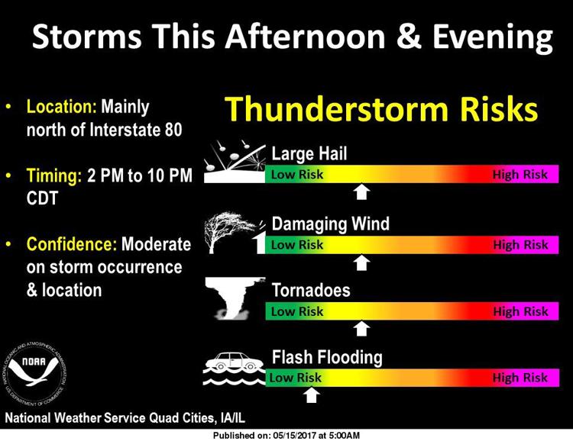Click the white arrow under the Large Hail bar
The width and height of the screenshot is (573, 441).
pyautogui.click(x=361, y=192)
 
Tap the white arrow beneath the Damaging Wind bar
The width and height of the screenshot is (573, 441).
pyautogui.click(x=361, y=262)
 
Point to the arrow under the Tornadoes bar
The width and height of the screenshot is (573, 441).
pyautogui.click(x=361, y=329)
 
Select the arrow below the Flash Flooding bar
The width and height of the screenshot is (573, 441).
pyautogui.click(x=312, y=395)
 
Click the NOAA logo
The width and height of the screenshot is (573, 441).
pyautogui.click(x=35, y=374)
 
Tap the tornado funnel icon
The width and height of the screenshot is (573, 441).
pyautogui.click(x=235, y=298)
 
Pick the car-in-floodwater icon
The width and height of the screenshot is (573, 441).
pyautogui.click(x=235, y=369)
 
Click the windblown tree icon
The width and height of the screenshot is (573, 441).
pyautogui.click(x=235, y=233)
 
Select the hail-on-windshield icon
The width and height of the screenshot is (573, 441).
pyautogui.click(x=235, y=162)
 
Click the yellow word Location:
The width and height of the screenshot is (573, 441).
pyautogui.click(x=61, y=107)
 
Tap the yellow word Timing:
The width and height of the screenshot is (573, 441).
pyautogui.click(x=54, y=176)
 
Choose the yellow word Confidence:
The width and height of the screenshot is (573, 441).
pyautogui.click(x=72, y=244)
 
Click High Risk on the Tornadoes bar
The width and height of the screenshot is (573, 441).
pyautogui.click(x=520, y=311)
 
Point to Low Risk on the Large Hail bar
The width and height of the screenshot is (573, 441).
pyautogui.click(x=297, y=174)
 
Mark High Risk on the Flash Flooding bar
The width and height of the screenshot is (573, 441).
pyautogui.click(x=520, y=378)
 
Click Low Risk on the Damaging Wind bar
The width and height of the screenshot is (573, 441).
pyautogui.click(x=297, y=245)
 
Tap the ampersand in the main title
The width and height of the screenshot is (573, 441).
pyautogui.click(x=409, y=37)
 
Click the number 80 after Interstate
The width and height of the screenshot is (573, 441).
pyautogui.click(x=173, y=130)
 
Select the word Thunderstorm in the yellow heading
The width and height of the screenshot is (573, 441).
pyautogui.click(x=336, y=109)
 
